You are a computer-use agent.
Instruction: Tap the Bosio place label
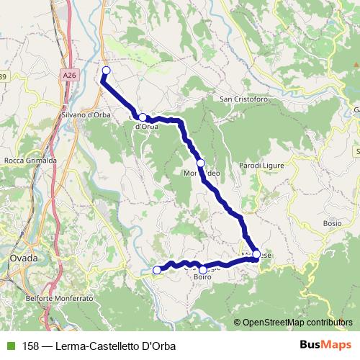332,223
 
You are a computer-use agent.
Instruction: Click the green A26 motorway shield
68,74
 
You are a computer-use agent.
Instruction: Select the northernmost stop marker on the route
107,70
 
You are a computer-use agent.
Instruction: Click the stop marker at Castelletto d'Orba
143,117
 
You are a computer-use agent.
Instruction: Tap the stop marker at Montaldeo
201,163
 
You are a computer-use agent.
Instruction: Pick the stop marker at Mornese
256,254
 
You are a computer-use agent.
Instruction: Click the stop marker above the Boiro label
203,269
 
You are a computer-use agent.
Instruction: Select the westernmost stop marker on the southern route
158,270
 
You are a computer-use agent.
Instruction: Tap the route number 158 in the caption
31,346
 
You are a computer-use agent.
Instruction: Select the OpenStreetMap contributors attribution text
297,323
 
